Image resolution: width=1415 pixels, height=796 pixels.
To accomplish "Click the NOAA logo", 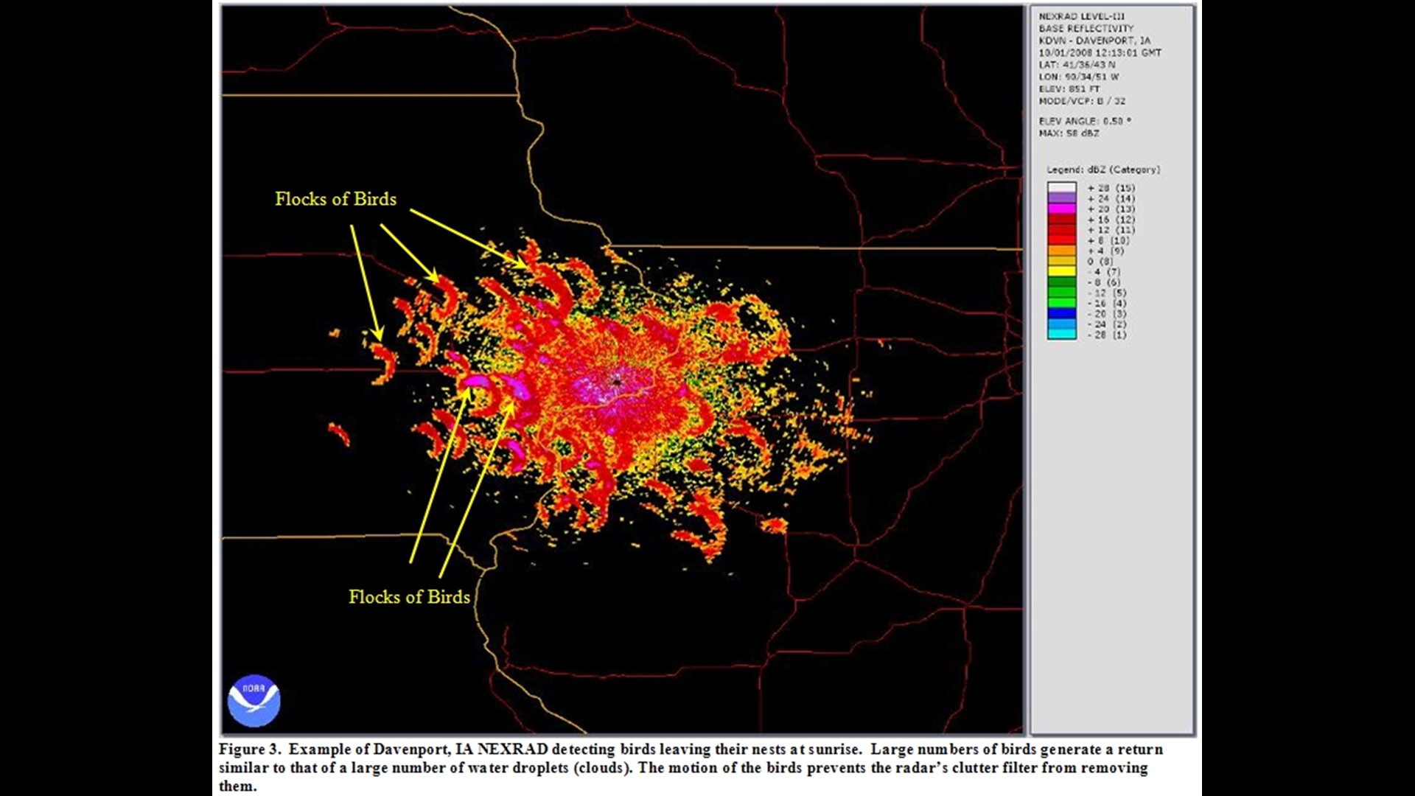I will click(x=254, y=700).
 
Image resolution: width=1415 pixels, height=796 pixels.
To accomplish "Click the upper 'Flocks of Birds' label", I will click(x=335, y=199).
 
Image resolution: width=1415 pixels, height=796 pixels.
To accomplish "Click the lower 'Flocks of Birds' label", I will click(x=409, y=597).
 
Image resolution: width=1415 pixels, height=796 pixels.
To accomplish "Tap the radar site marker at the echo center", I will click(x=616, y=381).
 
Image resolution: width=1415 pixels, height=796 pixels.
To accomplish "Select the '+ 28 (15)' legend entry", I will click(x=1111, y=188).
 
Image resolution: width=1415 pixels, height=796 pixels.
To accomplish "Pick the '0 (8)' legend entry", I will click(x=1101, y=262).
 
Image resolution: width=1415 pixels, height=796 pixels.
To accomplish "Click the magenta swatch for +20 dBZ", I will click(x=1061, y=209).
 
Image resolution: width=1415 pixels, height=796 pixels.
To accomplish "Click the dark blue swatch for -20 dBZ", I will click(x=1061, y=314).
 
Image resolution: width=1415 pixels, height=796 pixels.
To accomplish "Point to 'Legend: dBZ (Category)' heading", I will click(x=1103, y=170).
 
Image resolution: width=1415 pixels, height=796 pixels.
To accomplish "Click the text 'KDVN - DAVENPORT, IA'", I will click(x=1094, y=41).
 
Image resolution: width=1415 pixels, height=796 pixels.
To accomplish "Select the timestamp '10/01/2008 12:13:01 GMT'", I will click(x=1100, y=53).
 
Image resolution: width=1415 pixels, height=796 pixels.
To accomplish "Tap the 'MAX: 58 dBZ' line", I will click(x=1069, y=133).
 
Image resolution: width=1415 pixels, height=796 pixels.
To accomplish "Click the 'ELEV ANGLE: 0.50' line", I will click(x=1084, y=121).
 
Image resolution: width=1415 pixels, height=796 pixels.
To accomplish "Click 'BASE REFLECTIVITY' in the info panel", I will click(x=1086, y=29).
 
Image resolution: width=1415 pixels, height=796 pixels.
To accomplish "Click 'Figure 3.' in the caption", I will click(x=250, y=750).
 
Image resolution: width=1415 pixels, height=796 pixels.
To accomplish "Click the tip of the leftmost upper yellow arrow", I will click(x=380, y=340).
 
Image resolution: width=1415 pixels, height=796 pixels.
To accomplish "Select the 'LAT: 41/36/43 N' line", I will click(x=1077, y=65).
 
